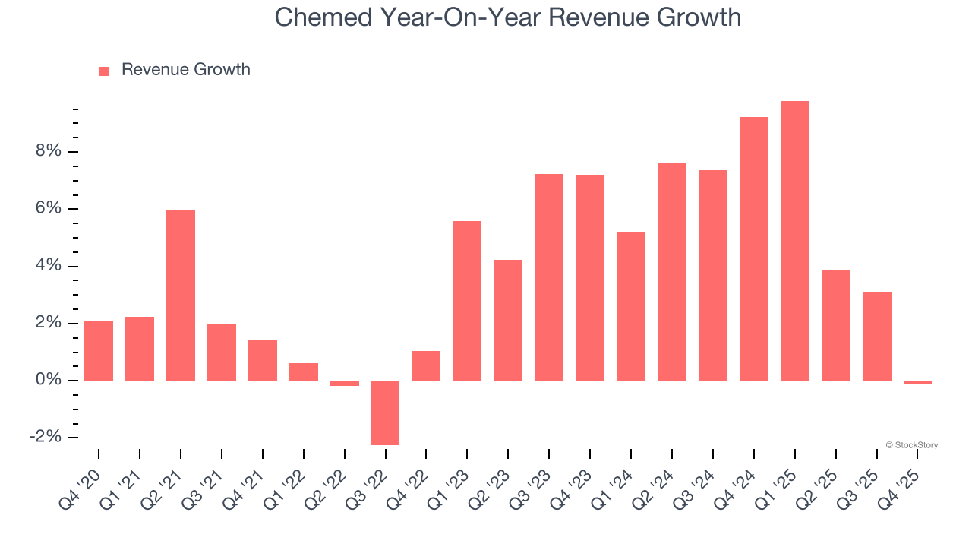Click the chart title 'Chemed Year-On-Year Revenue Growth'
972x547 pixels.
(507, 17)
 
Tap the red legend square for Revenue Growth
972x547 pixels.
(104, 71)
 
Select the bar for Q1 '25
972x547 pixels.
(794, 241)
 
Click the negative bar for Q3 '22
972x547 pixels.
(385, 413)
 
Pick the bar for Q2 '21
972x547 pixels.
(181, 295)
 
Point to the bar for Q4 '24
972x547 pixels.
(753, 248)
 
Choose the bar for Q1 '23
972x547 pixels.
(467, 301)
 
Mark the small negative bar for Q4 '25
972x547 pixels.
(917, 382)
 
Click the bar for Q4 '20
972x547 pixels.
(99, 350)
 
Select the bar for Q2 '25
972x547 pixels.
(835, 325)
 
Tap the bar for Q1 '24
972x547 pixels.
(630, 306)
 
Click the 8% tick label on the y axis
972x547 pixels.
(47, 151)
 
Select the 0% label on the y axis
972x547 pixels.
(47, 380)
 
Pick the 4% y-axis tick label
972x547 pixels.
(47, 266)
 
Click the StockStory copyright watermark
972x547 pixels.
(911, 445)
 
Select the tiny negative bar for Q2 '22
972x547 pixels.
(344, 383)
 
